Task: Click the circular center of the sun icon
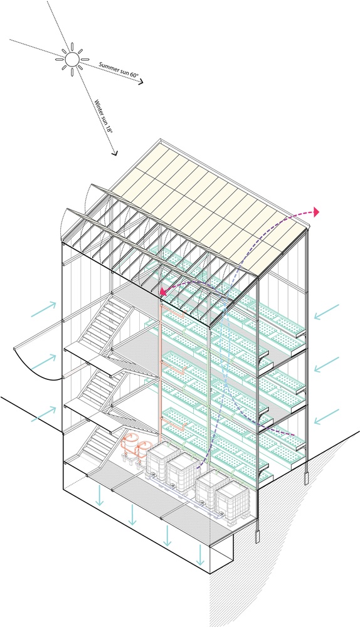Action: pyautogui.click(x=72, y=59)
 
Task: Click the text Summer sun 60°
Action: pyautogui.click(x=118, y=71)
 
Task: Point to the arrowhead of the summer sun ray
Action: pyautogui.click(x=141, y=83)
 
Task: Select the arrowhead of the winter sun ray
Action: pyautogui.click(x=115, y=152)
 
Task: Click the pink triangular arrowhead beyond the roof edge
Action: pyautogui.click(x=316, y=213)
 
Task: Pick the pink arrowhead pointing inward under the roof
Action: pyautogui.click(x=163, y=293)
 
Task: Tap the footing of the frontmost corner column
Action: pyautogui.click(x=257, y=536)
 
